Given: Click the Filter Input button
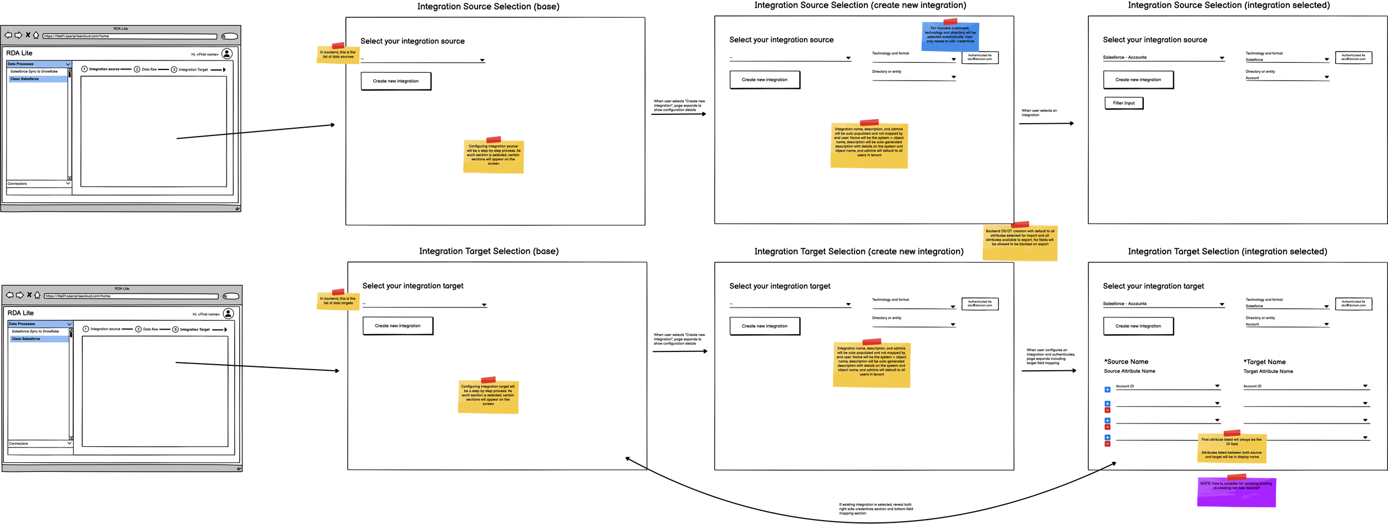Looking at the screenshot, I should click(1123, 103).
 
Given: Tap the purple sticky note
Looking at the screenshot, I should click(1236, 491).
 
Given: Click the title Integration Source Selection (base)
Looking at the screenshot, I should click(488, 7).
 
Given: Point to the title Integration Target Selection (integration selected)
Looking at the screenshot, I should click(1227, 251).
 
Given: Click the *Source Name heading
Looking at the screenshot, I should click(1126, 362).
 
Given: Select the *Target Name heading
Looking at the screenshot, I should click(1264, 362).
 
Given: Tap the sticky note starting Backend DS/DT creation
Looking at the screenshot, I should click(1019, 241).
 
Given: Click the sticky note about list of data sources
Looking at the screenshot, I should click(338, 55).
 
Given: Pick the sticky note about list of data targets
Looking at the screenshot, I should click(338, 301).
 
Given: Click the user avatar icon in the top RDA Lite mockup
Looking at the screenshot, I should click(227, 54).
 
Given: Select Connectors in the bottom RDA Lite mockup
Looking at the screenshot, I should click(19, 444).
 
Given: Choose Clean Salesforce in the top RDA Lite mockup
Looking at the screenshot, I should click(25, 79).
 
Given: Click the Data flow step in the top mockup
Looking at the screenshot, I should click(148, 69).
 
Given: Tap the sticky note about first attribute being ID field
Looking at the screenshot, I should click(1231, 448).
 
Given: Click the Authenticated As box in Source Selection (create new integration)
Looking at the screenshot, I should click(979, 57).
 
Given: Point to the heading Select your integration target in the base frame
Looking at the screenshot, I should click(413, 286).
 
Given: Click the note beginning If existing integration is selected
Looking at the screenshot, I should click(875, 508).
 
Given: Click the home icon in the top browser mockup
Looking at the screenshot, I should click(36, 35).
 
